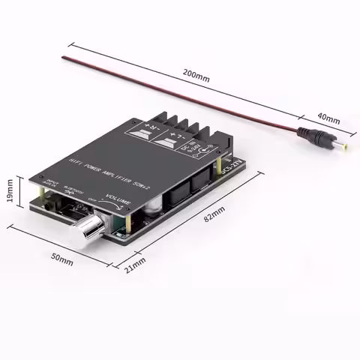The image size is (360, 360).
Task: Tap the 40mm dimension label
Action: click(328, 119)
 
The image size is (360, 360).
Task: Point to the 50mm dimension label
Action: click(61, 260)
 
